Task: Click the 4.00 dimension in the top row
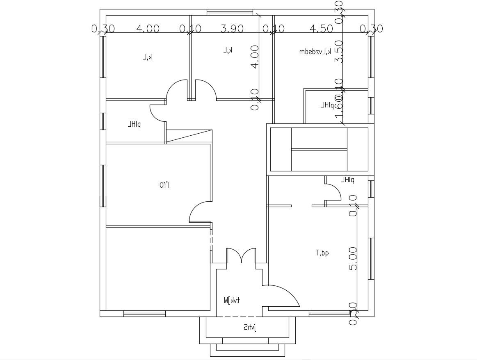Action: point(148,29)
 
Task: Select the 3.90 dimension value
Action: point(232,29)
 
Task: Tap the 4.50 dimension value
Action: point(321,29)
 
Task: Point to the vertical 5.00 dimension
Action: point(353,258)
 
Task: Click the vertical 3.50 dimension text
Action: point(339,51)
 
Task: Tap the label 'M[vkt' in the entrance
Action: point(232,301)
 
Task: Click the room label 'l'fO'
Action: point(165,185)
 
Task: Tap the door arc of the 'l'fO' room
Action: point(200,212)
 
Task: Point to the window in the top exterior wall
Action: point(229,12)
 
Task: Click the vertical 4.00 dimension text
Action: point(255,57)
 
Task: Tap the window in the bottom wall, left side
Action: point(144,314)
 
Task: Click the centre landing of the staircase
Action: point(319,149)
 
